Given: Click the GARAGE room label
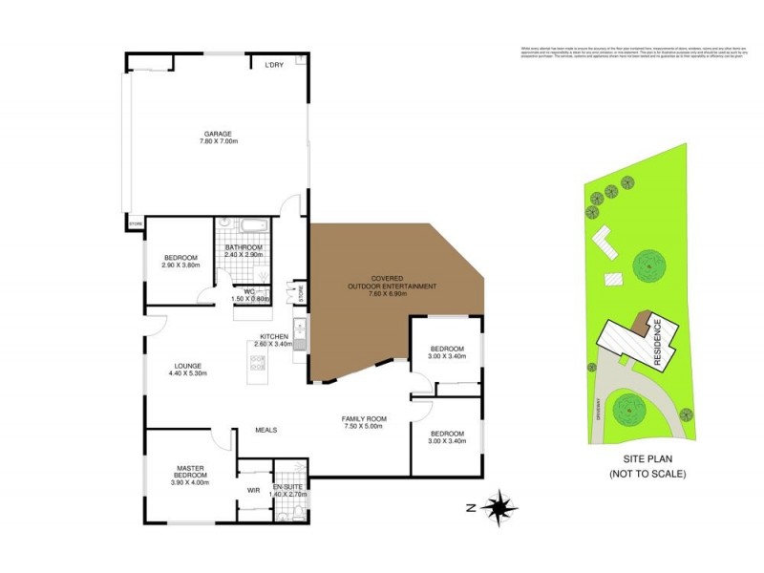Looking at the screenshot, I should tap(218, 134).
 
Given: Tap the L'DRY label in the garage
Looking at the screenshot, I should tap(276, 66).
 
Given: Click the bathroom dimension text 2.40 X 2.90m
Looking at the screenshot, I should tap(243, 255).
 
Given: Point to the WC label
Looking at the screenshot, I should tap(249, 291).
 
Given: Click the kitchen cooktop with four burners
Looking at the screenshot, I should tap(259, 361).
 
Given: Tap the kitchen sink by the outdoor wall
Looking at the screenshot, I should tap(299, 338).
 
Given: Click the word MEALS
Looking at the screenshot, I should tap(265, 430).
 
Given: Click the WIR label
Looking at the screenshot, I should tap(253, 490).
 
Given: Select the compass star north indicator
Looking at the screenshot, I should tap(498, 506).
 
